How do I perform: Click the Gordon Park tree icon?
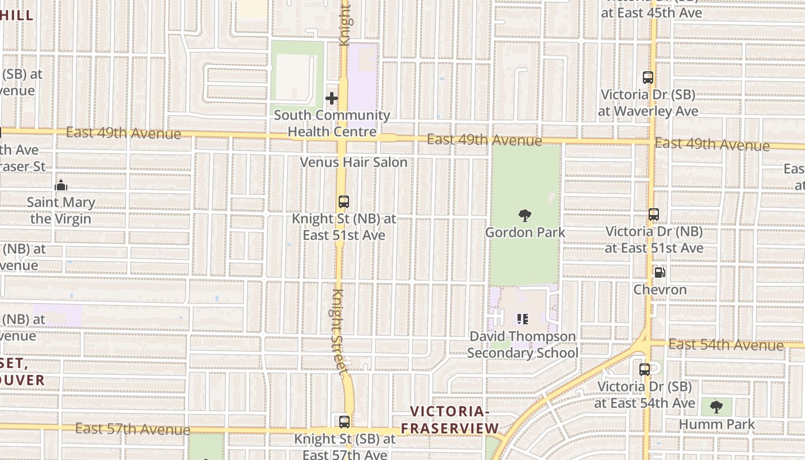point(524,216)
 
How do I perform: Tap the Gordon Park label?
point(525,232)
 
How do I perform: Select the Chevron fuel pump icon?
point(660,273)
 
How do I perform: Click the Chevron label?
point(660,289)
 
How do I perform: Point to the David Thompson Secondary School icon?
point(522,319)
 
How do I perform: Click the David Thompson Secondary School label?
point(522,344)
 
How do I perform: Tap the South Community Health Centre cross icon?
point(332,98)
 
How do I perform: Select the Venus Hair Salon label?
point(354,162)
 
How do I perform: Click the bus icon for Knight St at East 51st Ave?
point(344,202)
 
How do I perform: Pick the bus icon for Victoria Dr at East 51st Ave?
point(654,214)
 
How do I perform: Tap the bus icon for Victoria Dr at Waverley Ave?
point(648,78)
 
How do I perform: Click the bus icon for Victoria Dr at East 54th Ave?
point(645,370)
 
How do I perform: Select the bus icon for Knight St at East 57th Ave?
point(344,422)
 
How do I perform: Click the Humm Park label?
point(716,424)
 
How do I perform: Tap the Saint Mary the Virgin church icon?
point(61,185)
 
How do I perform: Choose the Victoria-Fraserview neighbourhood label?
point(450,420)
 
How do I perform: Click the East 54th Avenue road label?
point(726,344)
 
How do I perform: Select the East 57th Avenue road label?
point(132,429)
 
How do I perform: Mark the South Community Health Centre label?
point(332,123)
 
